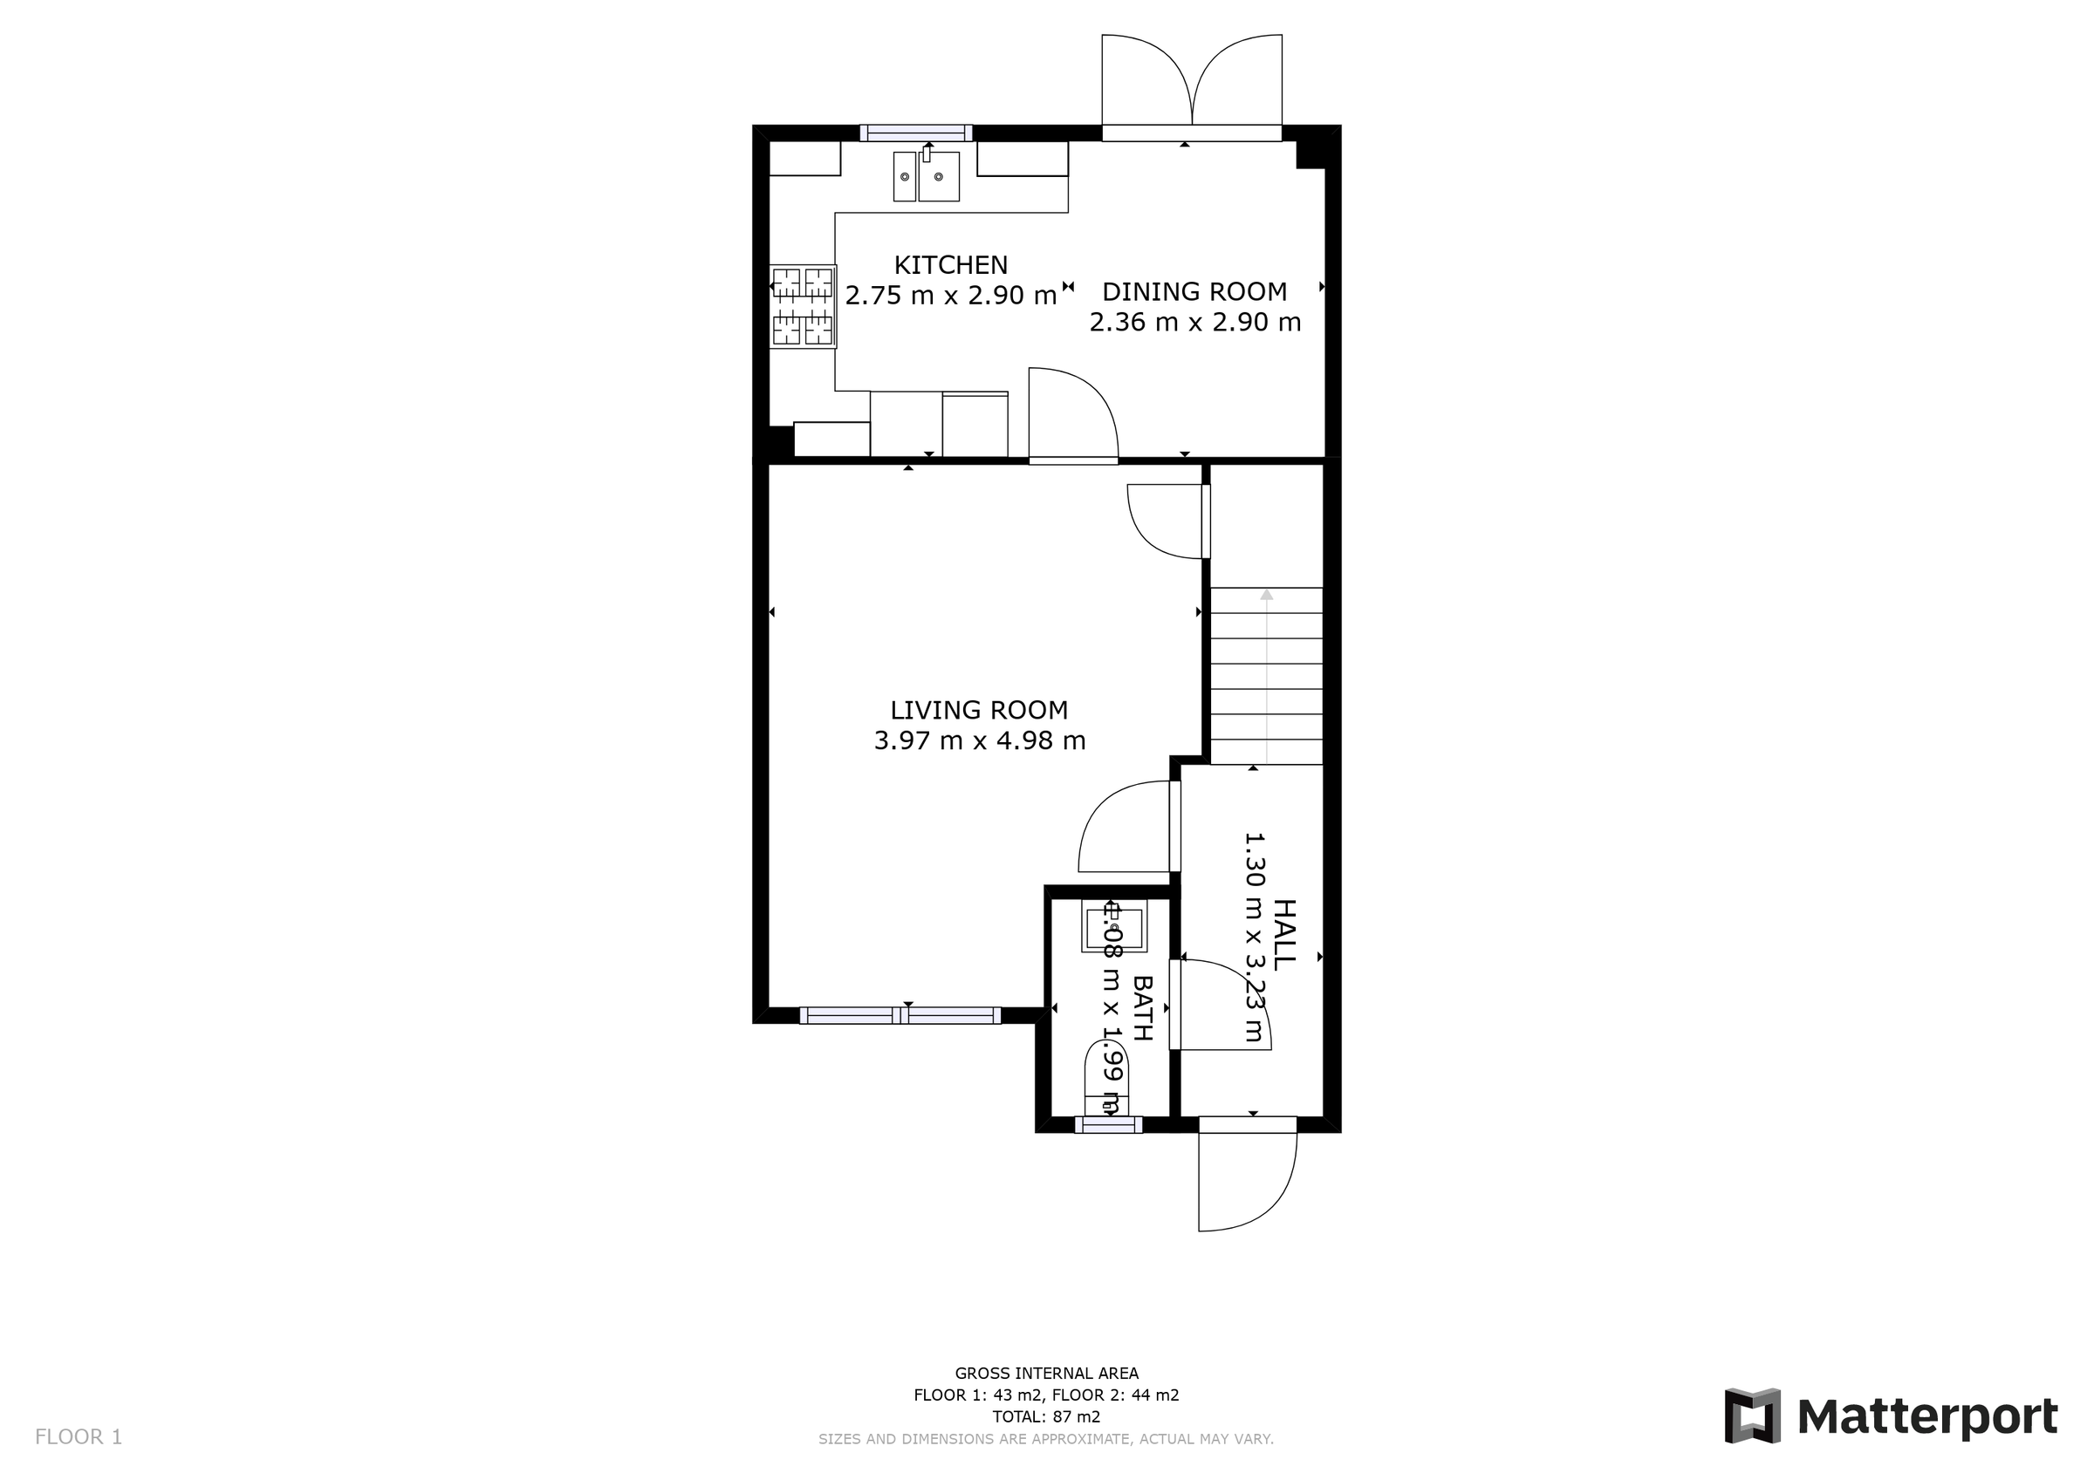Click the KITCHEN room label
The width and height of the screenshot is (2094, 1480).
(950, 264)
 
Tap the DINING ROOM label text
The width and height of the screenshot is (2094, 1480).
(1194, 292)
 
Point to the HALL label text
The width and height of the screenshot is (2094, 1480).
(1283, 935)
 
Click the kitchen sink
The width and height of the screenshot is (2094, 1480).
(927, 176)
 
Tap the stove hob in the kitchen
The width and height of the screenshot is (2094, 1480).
(803, 306)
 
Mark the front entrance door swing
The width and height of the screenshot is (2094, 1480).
(1246, 1176)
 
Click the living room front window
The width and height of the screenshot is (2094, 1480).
(900, 1015)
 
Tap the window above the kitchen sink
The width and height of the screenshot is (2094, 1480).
(915, 133)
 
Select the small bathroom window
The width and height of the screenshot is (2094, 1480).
(1108, 1124)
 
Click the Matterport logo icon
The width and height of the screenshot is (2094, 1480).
(1752, 1415)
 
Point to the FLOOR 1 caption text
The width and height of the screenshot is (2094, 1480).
(79, 1437)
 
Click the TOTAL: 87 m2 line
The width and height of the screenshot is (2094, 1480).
(1046, 1416)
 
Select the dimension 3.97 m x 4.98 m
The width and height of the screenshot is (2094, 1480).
(980, 740)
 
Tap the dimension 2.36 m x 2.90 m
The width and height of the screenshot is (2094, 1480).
(1194, 322)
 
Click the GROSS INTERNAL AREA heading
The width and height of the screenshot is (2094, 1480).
(1046, 1373)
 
